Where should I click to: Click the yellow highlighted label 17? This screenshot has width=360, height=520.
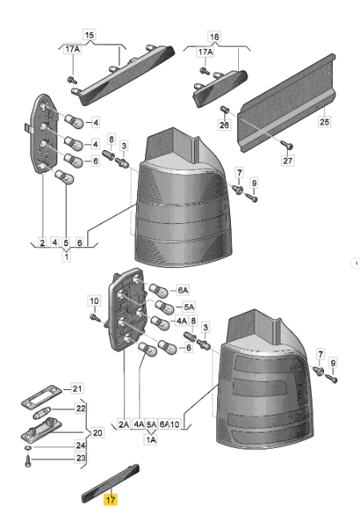point(111,498)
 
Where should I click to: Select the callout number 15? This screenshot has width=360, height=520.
point(89,35)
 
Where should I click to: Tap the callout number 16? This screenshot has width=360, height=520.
point(214,37)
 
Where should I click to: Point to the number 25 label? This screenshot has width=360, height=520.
point(324,122)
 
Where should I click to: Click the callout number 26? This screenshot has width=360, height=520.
point(224,124)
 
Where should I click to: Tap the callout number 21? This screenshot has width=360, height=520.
point(78,388)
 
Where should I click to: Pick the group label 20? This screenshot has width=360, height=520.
point(98,433)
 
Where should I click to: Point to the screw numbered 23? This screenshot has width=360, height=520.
point(26,463)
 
